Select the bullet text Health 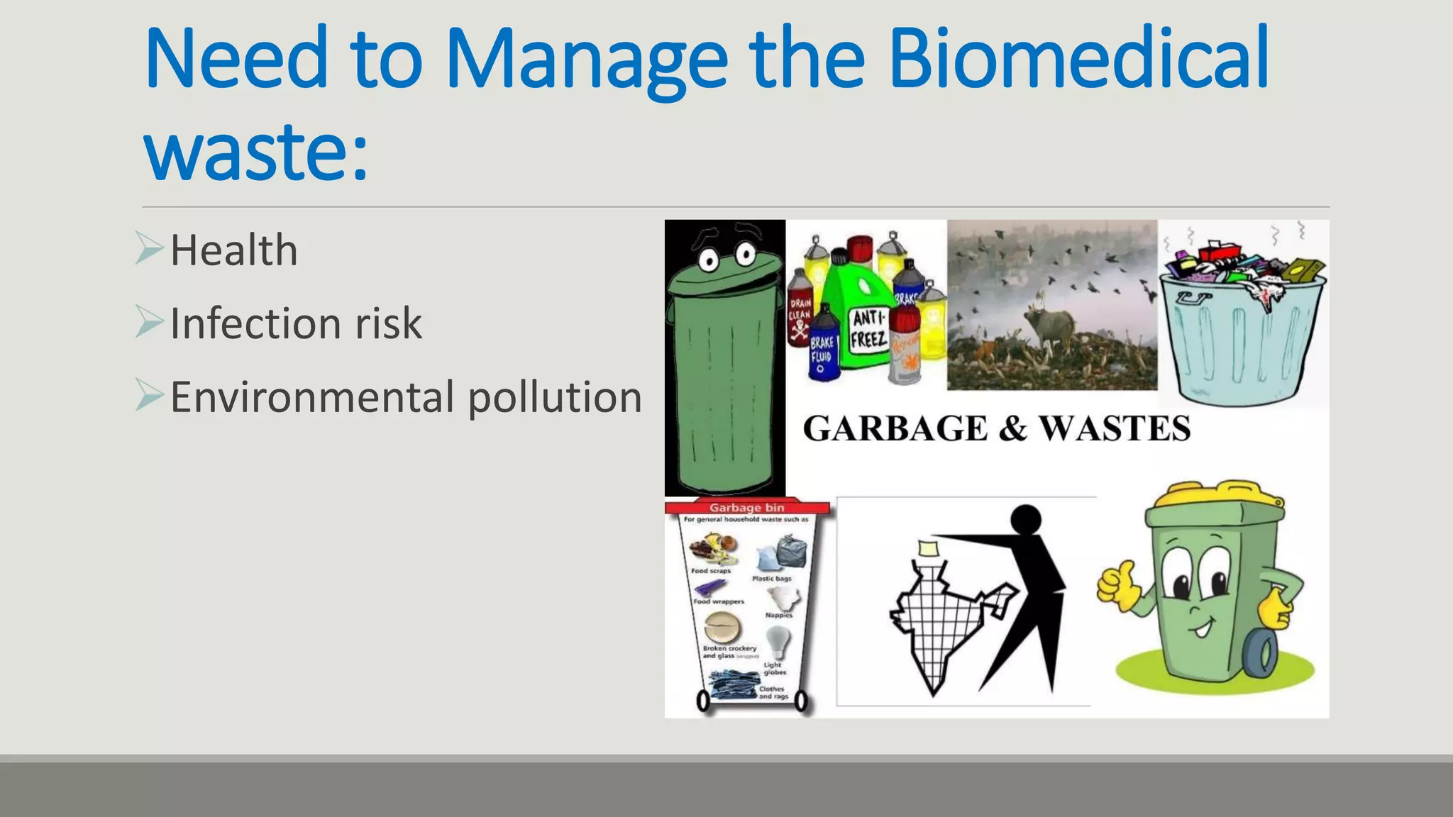tap(233, 250)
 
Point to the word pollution tap(555, 397)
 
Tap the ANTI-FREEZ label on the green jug tap(869, 329)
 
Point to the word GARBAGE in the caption tap(895, 429)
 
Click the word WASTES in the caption tap(1115, 429)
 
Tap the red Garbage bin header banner tap(747, 508)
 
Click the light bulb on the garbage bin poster tap(778, 642)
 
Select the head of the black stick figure tap(1025, 520)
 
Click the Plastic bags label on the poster tap(772, 579)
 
